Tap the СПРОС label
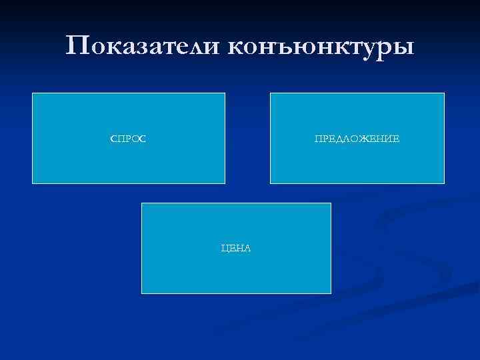129,139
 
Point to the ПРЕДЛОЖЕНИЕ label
357,139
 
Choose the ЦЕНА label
236,248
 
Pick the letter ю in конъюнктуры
300,47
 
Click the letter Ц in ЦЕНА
225,248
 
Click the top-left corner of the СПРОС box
33,93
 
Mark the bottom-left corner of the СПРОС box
33,183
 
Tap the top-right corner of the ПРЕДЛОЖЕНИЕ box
444,93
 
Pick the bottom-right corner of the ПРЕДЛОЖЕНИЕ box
444,183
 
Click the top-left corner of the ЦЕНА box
142,203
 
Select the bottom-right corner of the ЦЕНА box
331,293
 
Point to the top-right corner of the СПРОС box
225,93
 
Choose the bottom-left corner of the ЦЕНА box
142,293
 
